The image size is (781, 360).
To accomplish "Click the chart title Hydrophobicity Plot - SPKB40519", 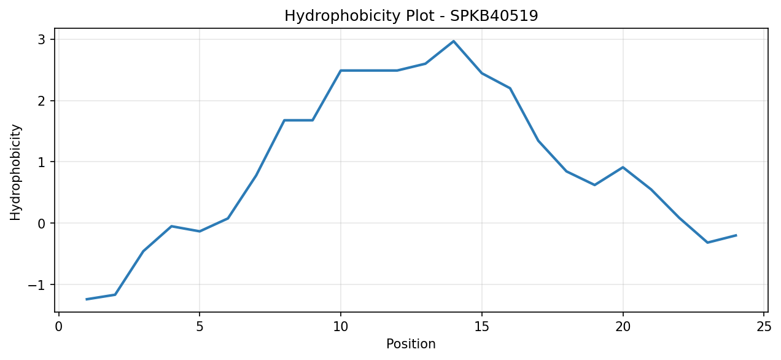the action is coord(411,16).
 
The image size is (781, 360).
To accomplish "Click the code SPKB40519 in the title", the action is coord(494,16).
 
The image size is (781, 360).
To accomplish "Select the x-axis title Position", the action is coord(411,344).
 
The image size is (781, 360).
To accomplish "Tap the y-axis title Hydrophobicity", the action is coord(15,173).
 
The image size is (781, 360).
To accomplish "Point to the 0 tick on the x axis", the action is coord(58,327).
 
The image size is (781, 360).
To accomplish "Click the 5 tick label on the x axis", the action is coord(200,327).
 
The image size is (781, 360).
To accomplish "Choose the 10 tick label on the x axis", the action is coord(341,327).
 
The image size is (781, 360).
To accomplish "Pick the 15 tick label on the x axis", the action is coord(482,327).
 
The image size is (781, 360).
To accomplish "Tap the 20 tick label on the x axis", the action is coord(623,327).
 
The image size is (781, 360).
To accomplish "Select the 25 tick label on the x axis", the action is coord(764,327).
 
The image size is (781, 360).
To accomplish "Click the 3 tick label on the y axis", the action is coord(42,40).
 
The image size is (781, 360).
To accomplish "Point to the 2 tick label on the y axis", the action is coord(42,101).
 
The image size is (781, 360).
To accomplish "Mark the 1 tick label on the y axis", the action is coord(42,162).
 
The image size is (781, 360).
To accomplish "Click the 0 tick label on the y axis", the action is coord(42,223).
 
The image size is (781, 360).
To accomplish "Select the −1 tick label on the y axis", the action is coord(37,284).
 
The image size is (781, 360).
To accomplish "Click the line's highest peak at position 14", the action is coord(453,41).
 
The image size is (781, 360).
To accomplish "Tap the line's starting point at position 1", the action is coord(87,299).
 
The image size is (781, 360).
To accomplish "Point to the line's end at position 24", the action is coord(736,235).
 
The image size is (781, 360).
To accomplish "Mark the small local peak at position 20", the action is coord(623,168).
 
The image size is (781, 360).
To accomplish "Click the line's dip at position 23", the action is coord(707,243).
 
